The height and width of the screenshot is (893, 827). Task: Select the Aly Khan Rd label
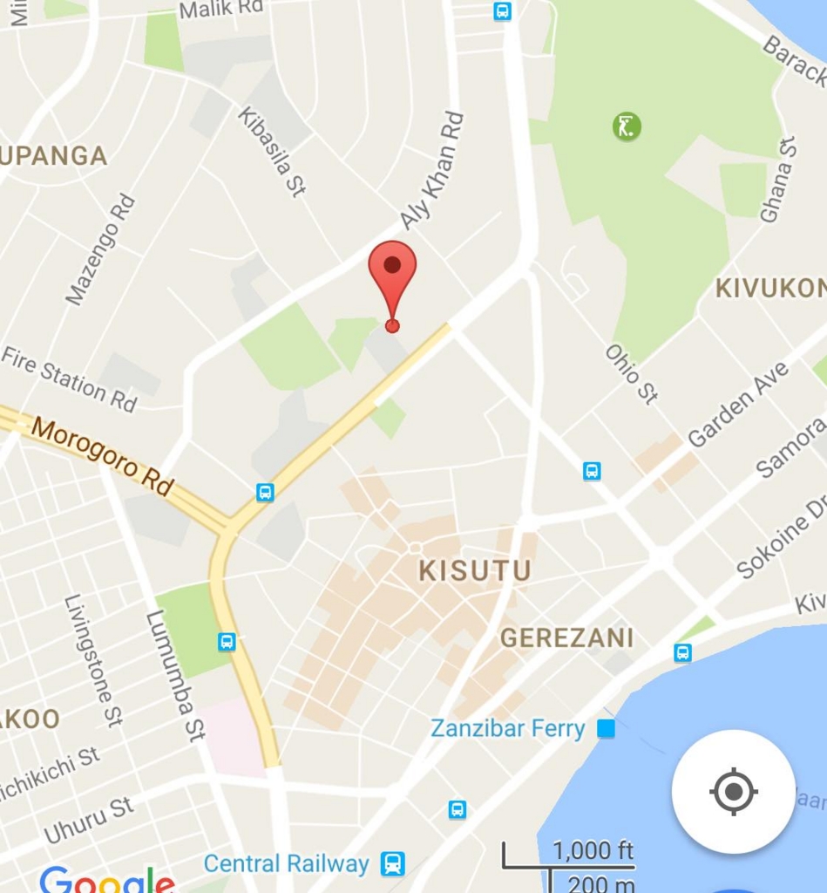(x=432, y=170)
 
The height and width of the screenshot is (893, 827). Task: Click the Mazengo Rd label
(x=101, y=250)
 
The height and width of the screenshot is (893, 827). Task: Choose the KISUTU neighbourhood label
(x=475, y=571)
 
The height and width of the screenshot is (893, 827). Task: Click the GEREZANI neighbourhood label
(x=566, y=638)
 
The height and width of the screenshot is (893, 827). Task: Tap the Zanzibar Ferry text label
(x=507, y=728)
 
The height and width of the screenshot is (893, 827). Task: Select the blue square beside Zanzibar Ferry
(x=606, y=728)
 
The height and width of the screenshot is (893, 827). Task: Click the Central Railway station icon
(x=393, y=863)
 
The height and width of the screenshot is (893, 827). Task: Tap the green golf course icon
(x=627, y=126)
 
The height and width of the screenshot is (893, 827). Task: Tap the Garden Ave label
(x=738, y=406)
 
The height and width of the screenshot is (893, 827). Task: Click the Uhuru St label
(x=88, y=820)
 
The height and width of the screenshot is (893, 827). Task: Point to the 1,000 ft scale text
(x=593, y=850)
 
